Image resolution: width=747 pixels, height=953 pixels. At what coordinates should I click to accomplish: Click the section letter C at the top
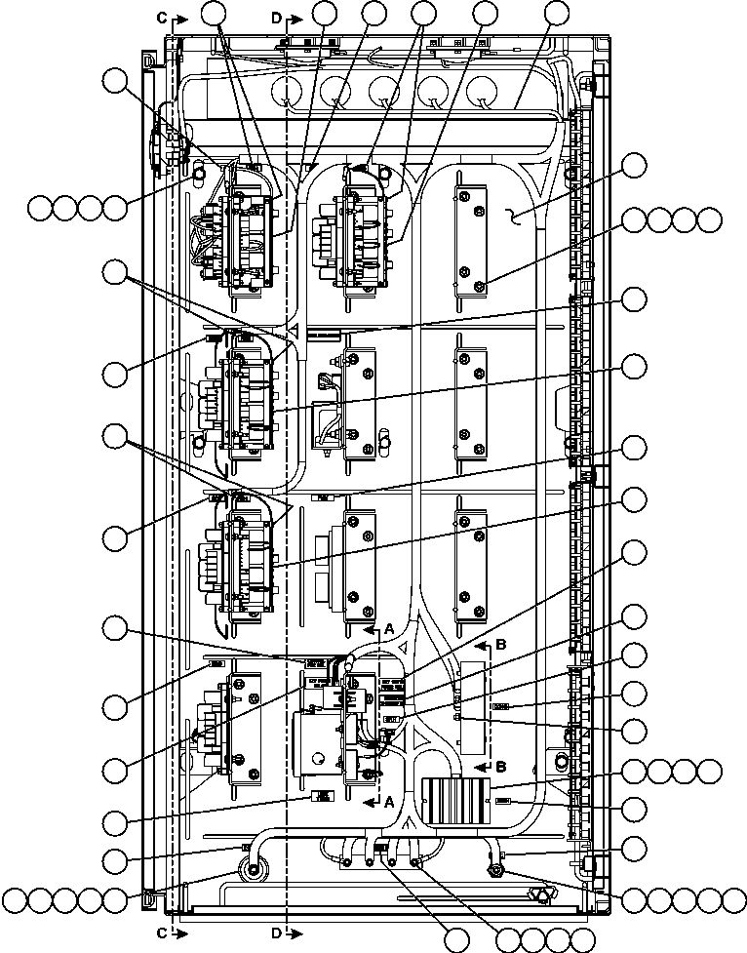163,18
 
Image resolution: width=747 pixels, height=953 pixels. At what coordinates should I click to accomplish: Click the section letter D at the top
277,18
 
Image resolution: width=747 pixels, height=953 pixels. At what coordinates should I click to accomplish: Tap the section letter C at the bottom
163,932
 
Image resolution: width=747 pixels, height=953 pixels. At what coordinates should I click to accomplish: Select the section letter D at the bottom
277,932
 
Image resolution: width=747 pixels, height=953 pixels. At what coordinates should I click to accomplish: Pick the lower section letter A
388,802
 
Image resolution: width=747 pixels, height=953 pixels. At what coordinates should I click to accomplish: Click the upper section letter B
501,644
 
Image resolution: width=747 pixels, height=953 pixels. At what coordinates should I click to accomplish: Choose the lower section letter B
501,765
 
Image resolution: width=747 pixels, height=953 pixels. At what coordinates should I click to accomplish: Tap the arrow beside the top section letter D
299,18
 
